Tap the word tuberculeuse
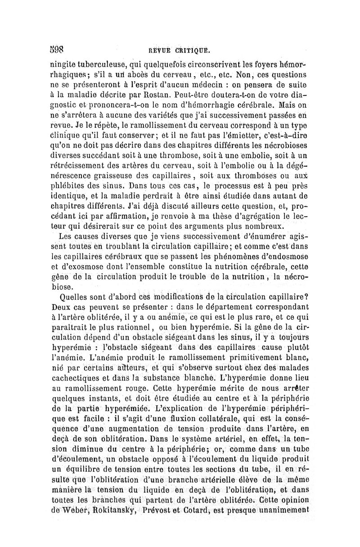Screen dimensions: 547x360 coord(108,62)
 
